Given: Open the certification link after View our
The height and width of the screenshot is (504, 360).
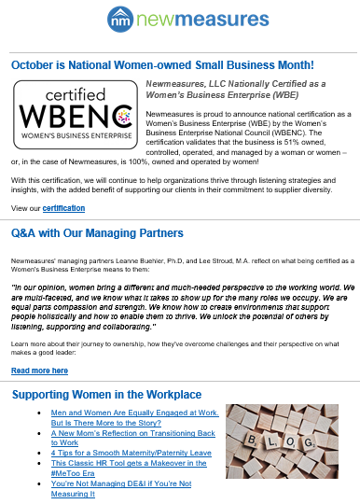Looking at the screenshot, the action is point(64,207).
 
